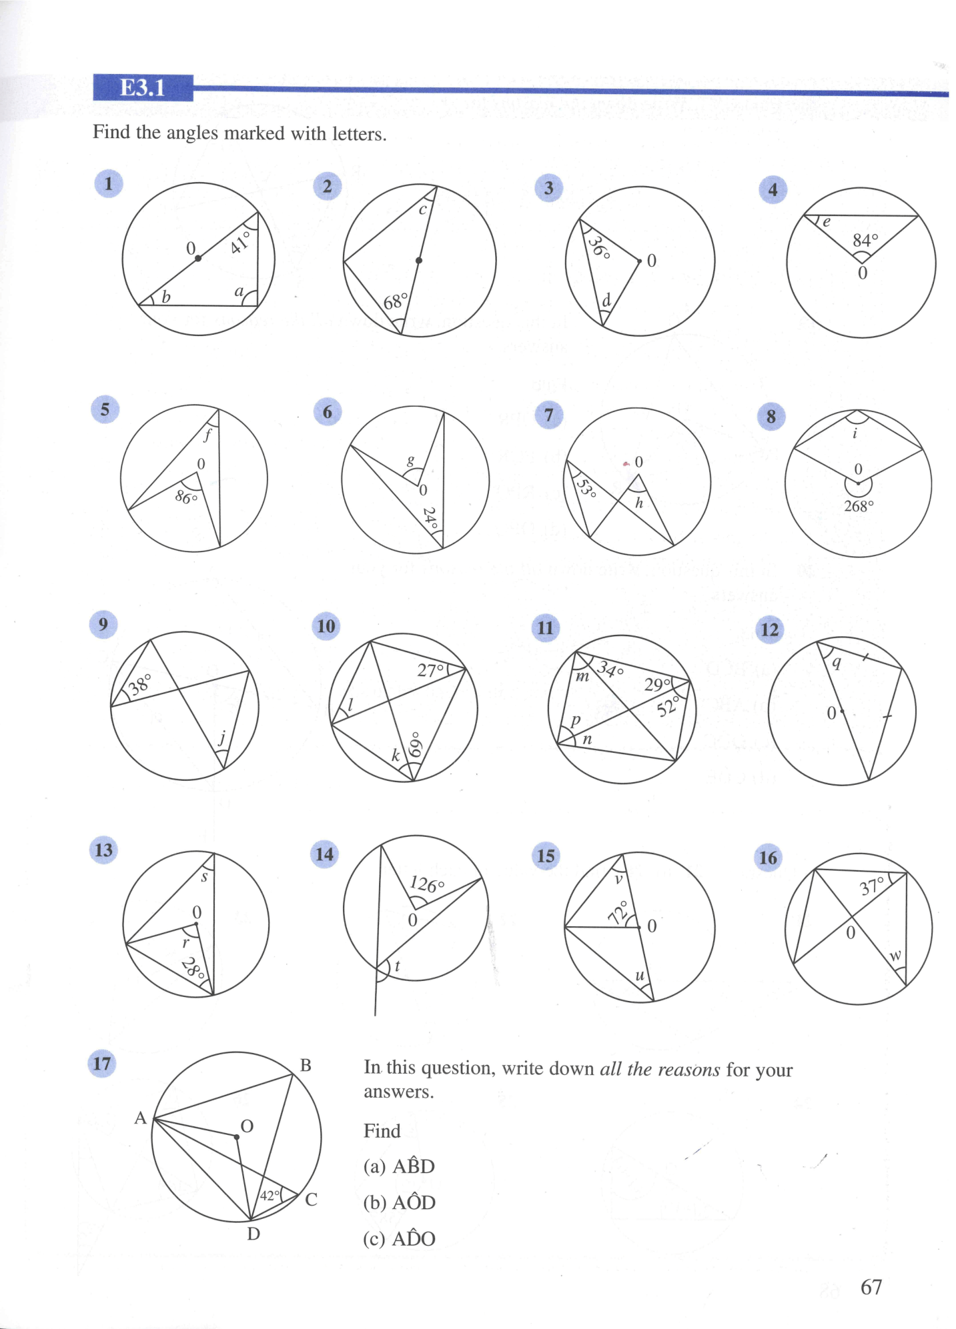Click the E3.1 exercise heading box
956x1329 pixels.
(143, 88)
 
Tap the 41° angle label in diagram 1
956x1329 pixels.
(240, 242)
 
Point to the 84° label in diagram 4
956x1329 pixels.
(865, 239)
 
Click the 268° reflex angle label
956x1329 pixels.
(859, 506)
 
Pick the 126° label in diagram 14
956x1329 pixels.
(427, 885)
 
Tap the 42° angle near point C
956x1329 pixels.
(269, 1196)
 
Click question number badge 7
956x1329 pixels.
(548, 415)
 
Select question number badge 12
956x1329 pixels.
(769, 629)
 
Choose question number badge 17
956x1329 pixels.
(101, 1063)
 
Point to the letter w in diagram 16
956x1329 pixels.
(895, 956)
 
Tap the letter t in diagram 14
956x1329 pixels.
(398, 965)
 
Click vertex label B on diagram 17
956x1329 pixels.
(306, 1066)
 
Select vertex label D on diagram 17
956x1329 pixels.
(254, 1234)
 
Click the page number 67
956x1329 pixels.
(871, 1286)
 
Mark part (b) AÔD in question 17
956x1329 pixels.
(399, 1202)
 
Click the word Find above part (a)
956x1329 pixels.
(382, 1131)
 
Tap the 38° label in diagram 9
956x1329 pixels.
(140, 684)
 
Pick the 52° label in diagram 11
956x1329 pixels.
(667, 706)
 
